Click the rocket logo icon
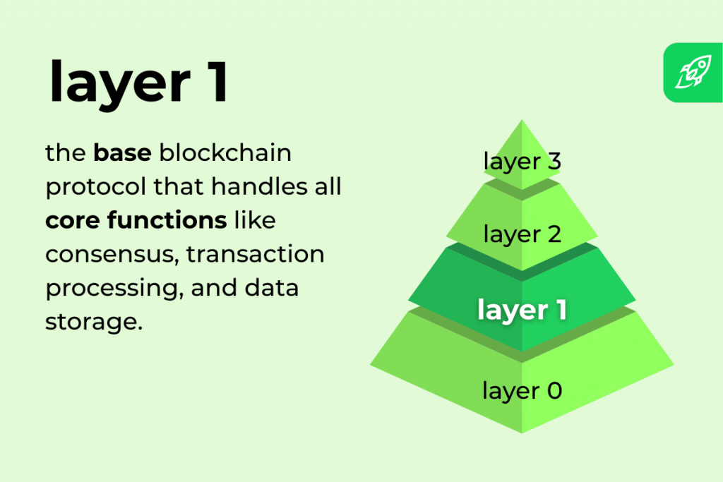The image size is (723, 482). pos(693,73)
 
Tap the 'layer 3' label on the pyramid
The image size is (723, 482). pos(522,161)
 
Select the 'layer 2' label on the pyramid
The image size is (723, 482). pos(522,234)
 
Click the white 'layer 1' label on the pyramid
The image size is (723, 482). pos(522,310)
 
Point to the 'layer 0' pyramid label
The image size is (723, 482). pos(522,390)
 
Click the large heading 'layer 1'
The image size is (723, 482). pos(138,81)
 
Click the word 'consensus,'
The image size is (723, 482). pos(110,254)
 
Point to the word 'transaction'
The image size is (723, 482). pos(256,254)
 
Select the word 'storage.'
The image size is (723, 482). pos(89,323)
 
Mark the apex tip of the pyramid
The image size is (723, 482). pos(522,121)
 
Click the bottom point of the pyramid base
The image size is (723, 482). pos(522,433)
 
